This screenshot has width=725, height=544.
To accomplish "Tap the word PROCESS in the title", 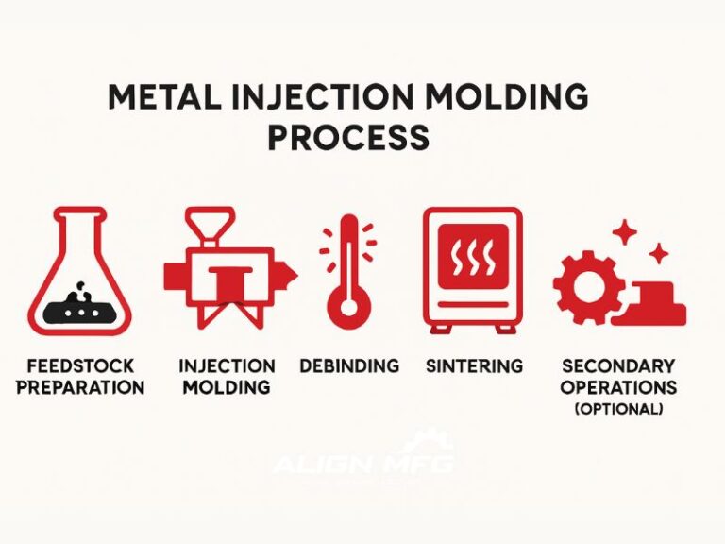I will [347, 138].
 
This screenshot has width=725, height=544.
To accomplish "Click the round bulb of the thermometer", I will [348, 308].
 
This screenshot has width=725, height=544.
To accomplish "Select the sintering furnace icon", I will [471, 269].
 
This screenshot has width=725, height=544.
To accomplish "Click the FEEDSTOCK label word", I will [80, 366].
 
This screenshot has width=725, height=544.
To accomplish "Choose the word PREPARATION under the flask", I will [80, 387].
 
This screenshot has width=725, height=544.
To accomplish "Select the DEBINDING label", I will [348, 366].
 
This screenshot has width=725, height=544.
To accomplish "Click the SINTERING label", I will [474, 366].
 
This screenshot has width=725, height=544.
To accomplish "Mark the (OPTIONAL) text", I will [617, 409].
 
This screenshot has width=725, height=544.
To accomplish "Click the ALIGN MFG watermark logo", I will [363, 460].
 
